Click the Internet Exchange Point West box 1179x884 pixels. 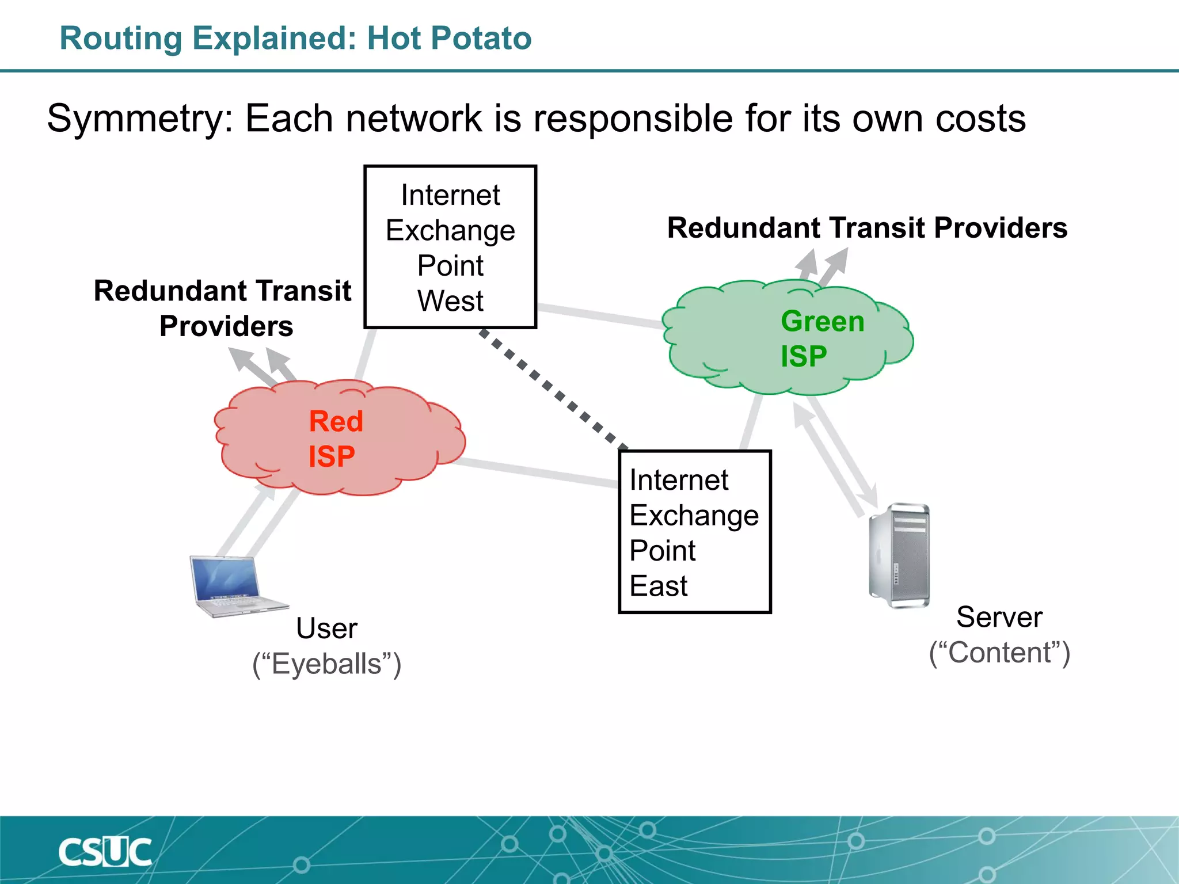coord(450,247)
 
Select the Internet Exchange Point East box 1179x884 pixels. coord(694,532)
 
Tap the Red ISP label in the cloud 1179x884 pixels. coord(336,439)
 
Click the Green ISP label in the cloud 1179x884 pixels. coord(822,338)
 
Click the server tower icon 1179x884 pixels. coord(899,555)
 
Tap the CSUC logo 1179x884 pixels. coord(105,852)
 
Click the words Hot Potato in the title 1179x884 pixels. coord(449,39)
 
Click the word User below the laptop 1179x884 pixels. coord(326,628)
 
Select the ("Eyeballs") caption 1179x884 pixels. coord(326,664)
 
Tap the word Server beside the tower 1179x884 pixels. coord(999,617)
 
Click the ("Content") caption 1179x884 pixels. coord(999,653)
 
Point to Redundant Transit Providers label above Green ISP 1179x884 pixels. coord(867,228)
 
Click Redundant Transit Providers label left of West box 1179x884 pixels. coord(223,308)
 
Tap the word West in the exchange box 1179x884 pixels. coord(450,301)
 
